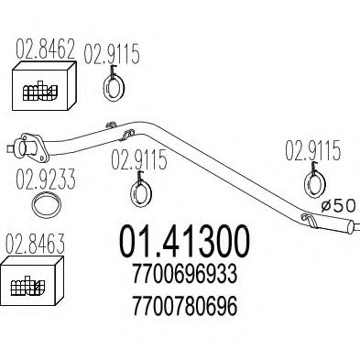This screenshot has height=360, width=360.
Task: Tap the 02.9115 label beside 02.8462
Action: pos(112,54)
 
